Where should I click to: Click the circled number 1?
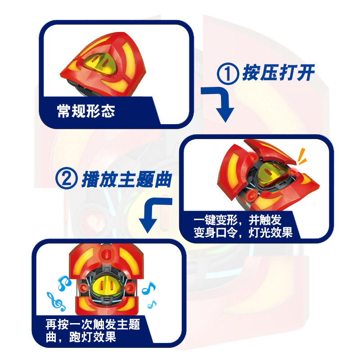[x=228, y=73]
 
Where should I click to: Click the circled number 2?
[x=66, y=178]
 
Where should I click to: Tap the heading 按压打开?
[x=278, y=73]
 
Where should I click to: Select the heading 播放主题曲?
[x=127, y=179]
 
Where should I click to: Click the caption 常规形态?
[x=86, y=111]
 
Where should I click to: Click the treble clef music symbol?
[x=56, y=301]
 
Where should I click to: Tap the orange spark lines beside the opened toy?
[x=301, y=156]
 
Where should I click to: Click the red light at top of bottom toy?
[x=107, y=254]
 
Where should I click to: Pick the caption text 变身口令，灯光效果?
[x=243, y=232]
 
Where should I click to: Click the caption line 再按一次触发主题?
[x=93, y=324]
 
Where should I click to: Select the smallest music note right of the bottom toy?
[x=152, y=304]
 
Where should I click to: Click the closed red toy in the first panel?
[x=103, y=64]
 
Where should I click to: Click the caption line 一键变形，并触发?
[x=238, y=220]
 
